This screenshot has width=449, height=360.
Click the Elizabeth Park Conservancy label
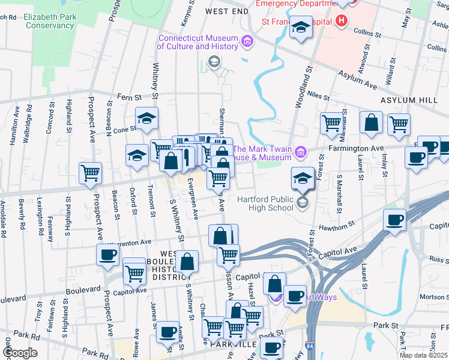(x=49, y=22)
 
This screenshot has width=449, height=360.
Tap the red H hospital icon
(x=342, y=22)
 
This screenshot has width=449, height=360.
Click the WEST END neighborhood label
(x=226, y=11)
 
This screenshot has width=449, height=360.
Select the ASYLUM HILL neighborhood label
(x=405, y=101)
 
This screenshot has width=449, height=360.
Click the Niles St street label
(x=318, y=95)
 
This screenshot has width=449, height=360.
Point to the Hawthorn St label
(x=337, y=227)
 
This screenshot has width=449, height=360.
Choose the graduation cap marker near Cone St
(x=146, y=119)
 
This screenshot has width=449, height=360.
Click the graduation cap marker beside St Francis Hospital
(x=301, y=28)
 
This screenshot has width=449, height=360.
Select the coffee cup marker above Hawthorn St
(x=394, y=220)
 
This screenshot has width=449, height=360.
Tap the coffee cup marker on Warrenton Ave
(x=108, y=254)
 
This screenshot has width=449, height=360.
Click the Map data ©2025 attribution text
(x=424, y=355)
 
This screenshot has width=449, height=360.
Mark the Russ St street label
(x=439, y=261)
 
